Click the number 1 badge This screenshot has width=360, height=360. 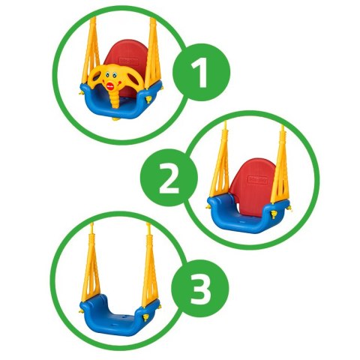pos(201,72)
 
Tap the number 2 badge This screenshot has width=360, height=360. pos(169,178)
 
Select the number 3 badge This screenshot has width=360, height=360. pos(200,288)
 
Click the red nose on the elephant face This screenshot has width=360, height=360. pos(110,86)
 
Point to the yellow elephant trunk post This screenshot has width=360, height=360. pos(115,100)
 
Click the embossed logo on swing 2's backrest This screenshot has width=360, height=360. pos(257,180)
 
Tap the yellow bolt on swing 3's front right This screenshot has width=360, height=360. pos(145,318)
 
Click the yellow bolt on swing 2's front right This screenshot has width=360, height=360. pos(274,214)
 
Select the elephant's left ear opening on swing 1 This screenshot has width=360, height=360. pos(96,78)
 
